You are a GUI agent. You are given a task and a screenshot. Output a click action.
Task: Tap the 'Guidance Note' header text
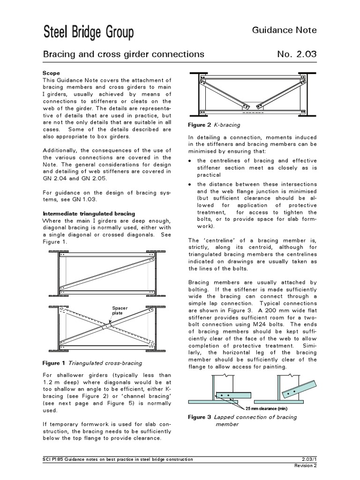click(285, 30)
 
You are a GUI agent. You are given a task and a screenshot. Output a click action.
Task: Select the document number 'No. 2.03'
click(297, 54)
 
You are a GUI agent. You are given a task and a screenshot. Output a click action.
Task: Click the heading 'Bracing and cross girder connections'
click(124, 54)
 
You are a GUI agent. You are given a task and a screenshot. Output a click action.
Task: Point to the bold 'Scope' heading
click(51, 74)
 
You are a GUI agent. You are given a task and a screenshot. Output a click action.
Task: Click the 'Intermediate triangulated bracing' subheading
click(89, 214)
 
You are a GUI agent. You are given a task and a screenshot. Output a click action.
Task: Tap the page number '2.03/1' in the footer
click(308, 459)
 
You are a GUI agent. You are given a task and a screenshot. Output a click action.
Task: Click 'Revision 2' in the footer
click(305, 465)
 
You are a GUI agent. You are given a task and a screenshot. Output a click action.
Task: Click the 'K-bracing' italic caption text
click(227, 125)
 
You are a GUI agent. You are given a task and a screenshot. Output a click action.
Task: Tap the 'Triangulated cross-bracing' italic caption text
click(105, 363)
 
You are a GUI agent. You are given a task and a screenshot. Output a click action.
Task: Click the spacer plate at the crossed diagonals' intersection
click(108, 324)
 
